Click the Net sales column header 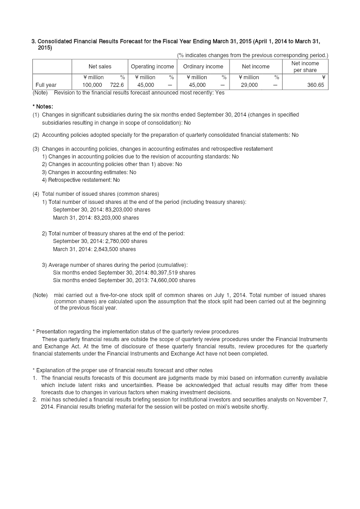99,67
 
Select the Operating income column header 152,67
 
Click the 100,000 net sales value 92,85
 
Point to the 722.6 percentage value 117,85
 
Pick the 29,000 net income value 249,85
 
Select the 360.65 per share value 315,85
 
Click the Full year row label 46,85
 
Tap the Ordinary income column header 203,67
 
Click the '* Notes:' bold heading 43,107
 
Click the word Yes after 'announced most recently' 220,93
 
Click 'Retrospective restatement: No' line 81,180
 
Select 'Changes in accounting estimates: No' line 89,172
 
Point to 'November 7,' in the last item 312,400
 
